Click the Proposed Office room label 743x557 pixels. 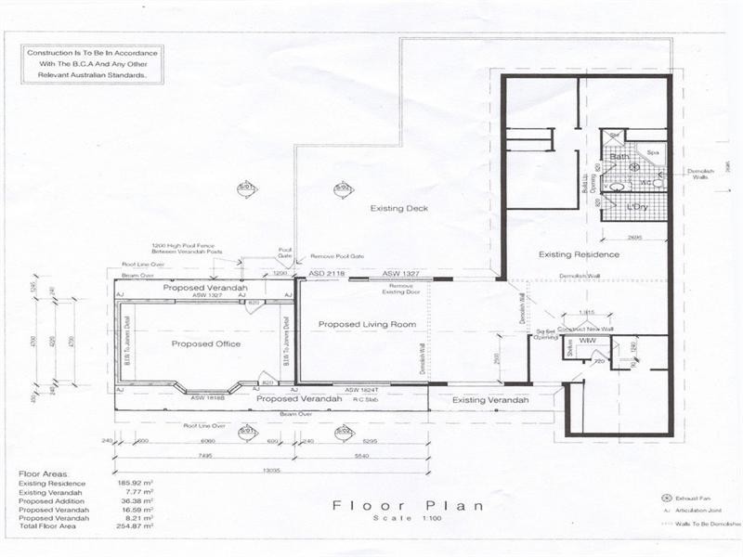(205, 344)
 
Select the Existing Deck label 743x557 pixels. (398, 209)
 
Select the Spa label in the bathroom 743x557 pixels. (653, 153)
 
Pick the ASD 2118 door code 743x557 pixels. (327, 274)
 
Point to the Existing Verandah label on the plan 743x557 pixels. (489, 400)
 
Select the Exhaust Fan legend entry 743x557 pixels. (699, 499)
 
